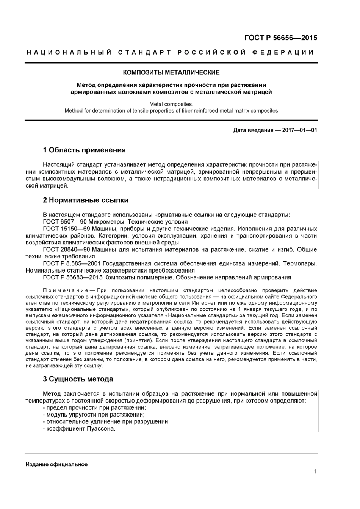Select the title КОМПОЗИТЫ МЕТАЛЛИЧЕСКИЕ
[171, 72]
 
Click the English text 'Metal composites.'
[171, 104]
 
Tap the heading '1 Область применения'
[84, 150]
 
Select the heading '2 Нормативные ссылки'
[86, 200]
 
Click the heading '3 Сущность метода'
[78, 379]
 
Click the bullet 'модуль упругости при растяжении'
[93, 415]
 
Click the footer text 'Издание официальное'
[56, 464]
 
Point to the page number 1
[315, 471]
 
